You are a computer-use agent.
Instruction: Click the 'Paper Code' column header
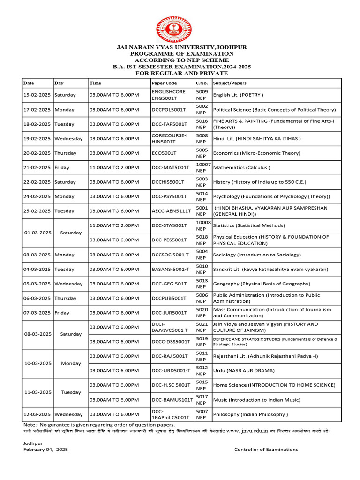[x=164, y=83]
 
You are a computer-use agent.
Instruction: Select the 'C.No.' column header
[x=202, y=83]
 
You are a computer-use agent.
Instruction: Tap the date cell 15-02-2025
[x=37, y=95]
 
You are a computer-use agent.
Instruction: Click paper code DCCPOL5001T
[x=169, y=109]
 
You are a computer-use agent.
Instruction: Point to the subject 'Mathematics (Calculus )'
[x=241, y=167]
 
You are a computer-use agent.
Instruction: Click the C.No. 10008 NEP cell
[x=203, y=225]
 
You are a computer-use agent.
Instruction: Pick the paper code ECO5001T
[x=164, y=153]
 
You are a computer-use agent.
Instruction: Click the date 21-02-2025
[x=37, y=167]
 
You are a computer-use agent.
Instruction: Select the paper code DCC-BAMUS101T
[x=172, y=400]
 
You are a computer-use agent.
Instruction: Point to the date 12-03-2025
[x=37, y=414]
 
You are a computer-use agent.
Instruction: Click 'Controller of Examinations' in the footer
[x=266, y=450]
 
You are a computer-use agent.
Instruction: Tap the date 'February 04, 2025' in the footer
[x=45, y=450]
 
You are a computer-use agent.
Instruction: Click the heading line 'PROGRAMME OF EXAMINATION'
[x=182, y=54]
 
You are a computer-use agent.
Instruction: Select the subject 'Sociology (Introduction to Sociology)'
[x=257, y=255]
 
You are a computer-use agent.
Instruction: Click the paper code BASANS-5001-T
[x=171, y=269]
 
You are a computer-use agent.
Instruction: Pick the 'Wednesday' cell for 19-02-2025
[x=68, y=138]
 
